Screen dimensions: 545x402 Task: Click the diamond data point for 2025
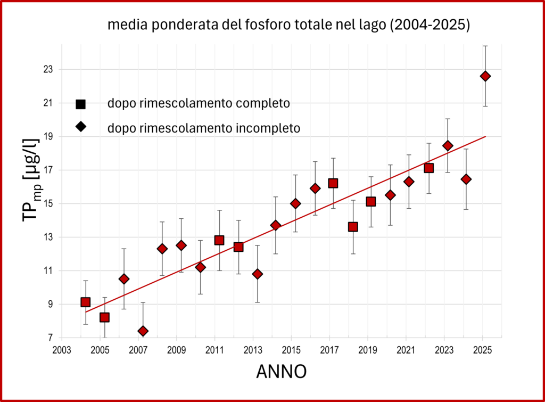pyautogui.click(x=485, y=76)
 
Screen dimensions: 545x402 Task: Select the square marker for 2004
pyautogui.click(x=86, y=302)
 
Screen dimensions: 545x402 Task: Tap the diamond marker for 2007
pyautogui.click(x=143, y=331)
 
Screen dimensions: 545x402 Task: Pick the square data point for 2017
pyautogui.click(x=333, y=183)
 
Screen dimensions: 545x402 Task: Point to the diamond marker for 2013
pyautogui.click(x=257, y=274)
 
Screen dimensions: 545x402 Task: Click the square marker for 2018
pyautogui.click(x=353, y=227)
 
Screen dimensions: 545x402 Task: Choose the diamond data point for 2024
pyautogui.click(x=466, y=179)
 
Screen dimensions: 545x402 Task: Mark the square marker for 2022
pyautogui.click(x=428, y=168)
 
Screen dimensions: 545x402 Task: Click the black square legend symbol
pyautogui.click(x=81, y=104)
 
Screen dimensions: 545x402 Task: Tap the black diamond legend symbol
pyautogui.click(x=81, y=127)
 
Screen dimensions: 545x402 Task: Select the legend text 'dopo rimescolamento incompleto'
pyautogui.click(x=204, y=128)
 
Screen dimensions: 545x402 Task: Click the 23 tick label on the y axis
pyautogui.click(x=48, y=69)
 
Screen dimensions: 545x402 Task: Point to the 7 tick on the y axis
pyautogui.click(x=51, y=338)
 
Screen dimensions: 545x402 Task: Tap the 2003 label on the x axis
pyautogui.click(x=62, y=350)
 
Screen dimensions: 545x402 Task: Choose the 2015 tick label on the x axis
pyautogui.click(x=291, y=350)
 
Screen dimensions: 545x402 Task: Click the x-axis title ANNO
pyautogui.click(x=282, y=372)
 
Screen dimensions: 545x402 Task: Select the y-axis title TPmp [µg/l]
pyautogui.click(x=32, y=180)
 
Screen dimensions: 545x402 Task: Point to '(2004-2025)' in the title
pyautogui.click(x=430, y=24)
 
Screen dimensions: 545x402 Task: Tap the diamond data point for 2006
pyautogui.click(x=123, y=279)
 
